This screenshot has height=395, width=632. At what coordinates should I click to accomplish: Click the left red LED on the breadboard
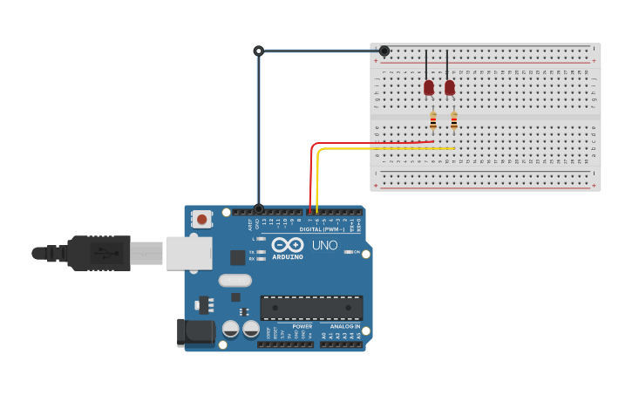point(428,87)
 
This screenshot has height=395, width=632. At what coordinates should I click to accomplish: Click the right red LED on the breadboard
point(449,87)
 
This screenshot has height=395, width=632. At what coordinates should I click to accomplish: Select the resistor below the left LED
point(432,120)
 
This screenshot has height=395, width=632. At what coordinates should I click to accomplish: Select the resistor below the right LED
point(453,120)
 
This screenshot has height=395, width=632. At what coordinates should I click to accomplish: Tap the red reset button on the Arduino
point(202,219)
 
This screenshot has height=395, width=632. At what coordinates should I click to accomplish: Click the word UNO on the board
point(325,246)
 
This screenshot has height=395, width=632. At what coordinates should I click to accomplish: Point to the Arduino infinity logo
point(287,245)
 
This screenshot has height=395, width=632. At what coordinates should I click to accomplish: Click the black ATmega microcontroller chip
point(311,308)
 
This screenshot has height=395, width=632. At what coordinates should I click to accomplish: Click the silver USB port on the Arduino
point(189,253)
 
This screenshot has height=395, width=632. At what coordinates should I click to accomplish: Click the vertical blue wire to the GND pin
point(258,131)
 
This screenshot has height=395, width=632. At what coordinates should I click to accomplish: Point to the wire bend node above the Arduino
point(258,51)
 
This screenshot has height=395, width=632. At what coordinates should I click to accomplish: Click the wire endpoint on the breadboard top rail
point(384,51)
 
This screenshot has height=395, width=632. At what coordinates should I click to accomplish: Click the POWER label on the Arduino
point(302,327)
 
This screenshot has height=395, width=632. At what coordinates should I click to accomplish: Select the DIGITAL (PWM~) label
point(322,229)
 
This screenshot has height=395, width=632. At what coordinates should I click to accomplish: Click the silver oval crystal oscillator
point(234,280)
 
